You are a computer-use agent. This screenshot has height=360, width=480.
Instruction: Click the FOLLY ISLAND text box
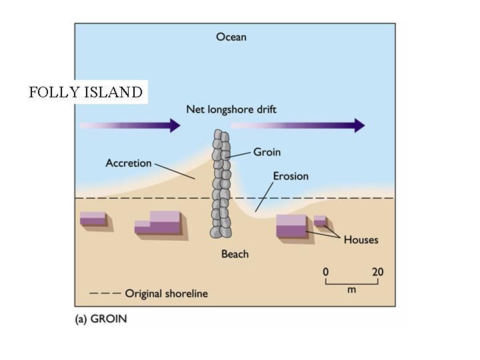click(86, 92)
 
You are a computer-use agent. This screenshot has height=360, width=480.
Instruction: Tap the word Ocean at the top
click(231, 37)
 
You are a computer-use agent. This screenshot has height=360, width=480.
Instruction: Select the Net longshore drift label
click(231, 109)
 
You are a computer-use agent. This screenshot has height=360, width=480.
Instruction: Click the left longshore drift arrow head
click(175, 125)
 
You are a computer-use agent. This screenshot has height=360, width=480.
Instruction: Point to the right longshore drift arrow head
click(359, 125)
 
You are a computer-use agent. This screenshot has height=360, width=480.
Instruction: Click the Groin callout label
click(267, 152)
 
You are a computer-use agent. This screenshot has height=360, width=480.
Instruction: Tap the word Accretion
click(128, 163)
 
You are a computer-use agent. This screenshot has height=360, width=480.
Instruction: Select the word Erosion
click(291, 176)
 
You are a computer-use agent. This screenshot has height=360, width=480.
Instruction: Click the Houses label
click(361, 239)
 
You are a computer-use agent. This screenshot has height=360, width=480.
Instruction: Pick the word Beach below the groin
click(235, 254)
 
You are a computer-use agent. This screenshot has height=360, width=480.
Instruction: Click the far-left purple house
click(93, 219)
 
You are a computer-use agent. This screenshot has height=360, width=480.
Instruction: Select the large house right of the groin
click(291, 226)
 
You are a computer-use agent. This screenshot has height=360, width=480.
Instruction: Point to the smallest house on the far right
click(320, 221)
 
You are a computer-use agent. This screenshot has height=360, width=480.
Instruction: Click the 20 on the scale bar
click(377, 272)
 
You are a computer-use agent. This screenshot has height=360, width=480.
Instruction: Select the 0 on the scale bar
click(326, 272)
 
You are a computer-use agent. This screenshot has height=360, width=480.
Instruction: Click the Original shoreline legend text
click(166, 293)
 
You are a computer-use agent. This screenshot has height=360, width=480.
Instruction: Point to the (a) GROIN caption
click(101, 319)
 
